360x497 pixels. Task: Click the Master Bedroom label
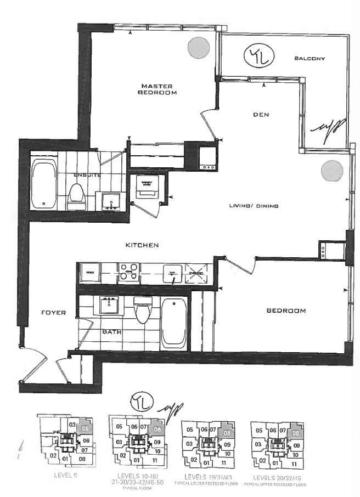158,89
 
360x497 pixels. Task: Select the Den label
260,115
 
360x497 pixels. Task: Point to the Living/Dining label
254,206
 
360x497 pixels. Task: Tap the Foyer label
53,313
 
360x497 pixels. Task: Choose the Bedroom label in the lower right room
286,311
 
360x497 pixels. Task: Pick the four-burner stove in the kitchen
130,272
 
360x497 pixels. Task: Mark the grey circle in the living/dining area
332,171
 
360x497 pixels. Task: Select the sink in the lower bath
108,303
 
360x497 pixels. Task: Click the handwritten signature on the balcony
328,128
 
